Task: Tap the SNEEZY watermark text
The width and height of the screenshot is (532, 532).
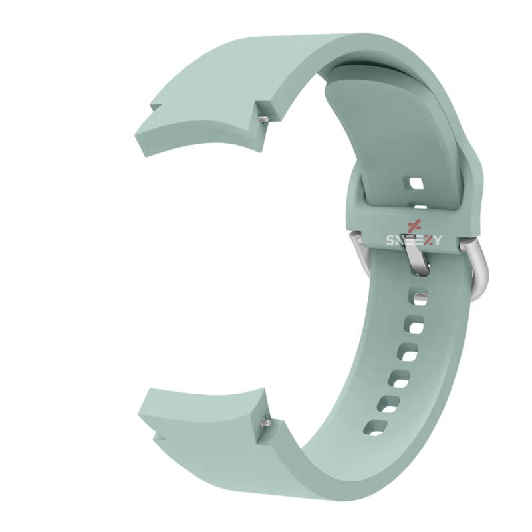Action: pos(414,240)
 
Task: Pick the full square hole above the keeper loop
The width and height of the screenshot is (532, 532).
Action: pos(416,184)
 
